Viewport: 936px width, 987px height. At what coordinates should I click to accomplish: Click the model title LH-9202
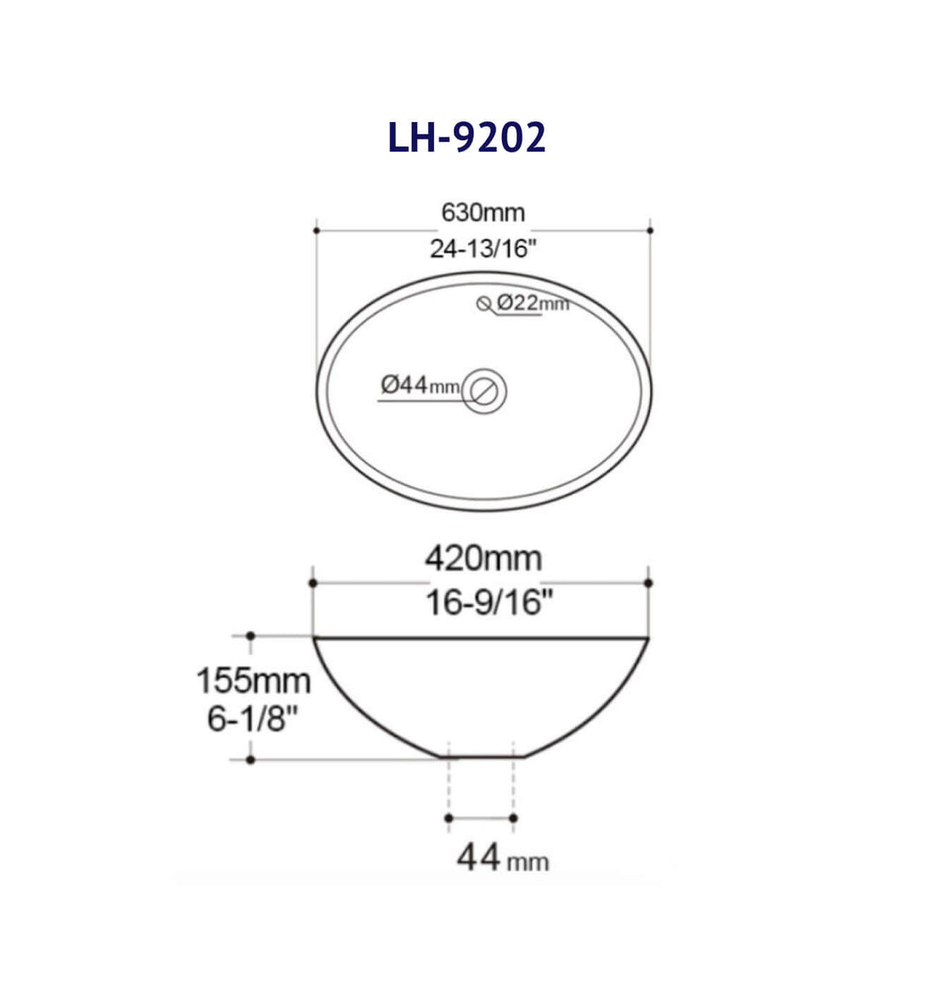[466, 137]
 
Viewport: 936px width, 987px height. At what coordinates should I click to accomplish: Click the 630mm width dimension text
[483, 212]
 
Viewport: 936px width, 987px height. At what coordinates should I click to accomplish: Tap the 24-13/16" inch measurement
[484, 250]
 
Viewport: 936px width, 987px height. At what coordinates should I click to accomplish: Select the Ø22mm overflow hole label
[533, 302]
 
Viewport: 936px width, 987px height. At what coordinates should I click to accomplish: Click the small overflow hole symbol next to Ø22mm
[484, 302]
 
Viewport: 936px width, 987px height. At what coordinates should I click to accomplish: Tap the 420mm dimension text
[483, 559]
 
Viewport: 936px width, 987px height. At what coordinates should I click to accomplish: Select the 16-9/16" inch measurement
[489, 601]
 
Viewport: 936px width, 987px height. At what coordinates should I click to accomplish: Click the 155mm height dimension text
[252, 680]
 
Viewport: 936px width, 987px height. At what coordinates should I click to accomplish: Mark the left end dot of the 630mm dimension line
[316, 231]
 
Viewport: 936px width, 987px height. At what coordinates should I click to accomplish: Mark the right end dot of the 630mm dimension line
[650, 231]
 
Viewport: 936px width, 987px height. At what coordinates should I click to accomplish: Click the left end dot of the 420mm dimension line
[312, 583]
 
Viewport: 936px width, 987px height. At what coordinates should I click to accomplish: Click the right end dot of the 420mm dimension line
[649, 583]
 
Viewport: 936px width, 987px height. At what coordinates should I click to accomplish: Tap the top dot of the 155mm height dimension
[250, 636]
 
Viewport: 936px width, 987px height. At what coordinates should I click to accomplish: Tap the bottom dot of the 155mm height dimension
[250, 760]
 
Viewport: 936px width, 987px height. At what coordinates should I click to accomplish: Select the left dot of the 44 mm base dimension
[448, 817]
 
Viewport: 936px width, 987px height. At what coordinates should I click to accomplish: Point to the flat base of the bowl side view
[483, 756]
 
